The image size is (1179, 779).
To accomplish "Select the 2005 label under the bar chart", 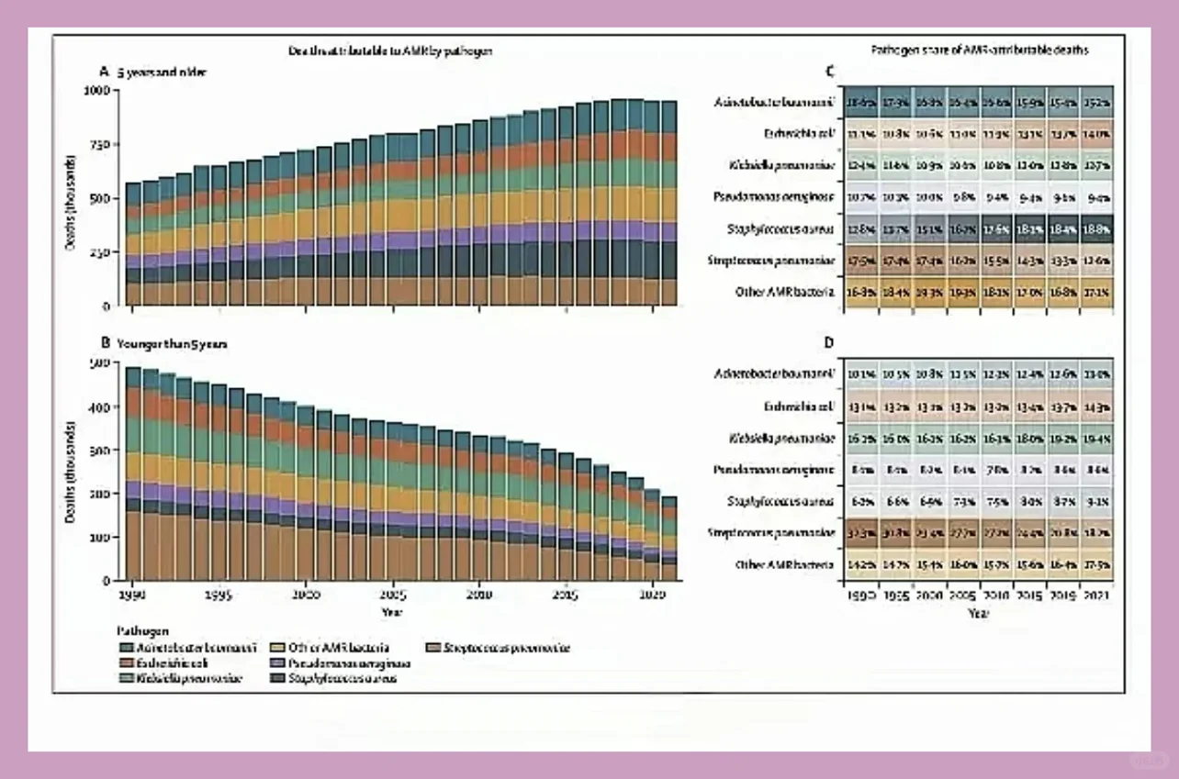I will (392, 595).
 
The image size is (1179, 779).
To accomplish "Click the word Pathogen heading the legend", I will (139, 632).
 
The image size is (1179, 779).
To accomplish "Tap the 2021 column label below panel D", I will (1093, 596).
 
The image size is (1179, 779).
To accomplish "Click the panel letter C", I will (830, 71).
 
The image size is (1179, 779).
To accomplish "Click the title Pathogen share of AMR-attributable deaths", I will (979, 51).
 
